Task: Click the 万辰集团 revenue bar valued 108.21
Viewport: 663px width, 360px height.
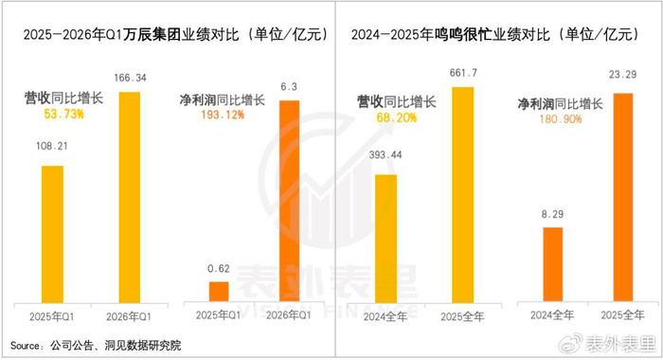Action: pos(52,234)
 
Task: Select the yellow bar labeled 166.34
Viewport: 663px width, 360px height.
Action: pos(130,197)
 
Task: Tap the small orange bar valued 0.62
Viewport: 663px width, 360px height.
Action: pos(219,292)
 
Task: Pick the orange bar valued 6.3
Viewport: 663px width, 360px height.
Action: pos(290,201)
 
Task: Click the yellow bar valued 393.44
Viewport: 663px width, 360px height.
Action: pos(386,239)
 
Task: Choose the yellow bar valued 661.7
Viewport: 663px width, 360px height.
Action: pos(463,195)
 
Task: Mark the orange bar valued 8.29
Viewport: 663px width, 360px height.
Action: pos(552,264)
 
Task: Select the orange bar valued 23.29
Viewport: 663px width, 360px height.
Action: pos(623,197)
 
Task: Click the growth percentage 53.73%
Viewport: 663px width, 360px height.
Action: pos(63,115)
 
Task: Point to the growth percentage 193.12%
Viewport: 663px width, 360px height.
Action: pos(223,115)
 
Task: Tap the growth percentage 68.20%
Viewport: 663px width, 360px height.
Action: pos(397,117)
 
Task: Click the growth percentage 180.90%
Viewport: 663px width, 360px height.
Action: pos(561,119)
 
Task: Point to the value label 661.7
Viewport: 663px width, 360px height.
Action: pos(463,73)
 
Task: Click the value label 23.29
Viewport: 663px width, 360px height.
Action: pos(622,75)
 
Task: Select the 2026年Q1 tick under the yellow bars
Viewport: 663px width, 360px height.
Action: pos(129,316)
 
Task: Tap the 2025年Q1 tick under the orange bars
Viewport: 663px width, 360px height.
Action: pos(218,315)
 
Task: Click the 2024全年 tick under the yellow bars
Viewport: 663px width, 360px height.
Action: pos(385,316)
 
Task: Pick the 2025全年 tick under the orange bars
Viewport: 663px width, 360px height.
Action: pos(623,315)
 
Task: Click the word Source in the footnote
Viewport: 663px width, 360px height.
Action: pos(25,346)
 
